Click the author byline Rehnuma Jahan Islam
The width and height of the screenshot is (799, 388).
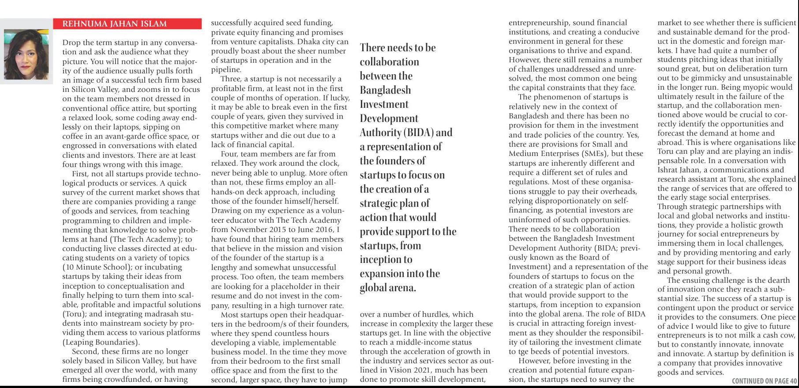pyautogui.click(x=115, y=24)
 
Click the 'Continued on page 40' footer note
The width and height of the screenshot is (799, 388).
pyautogui.click(x=764, y=381)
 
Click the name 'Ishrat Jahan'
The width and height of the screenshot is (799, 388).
pyautogui.click(x=680, y=170)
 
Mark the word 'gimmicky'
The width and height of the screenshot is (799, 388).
pyautogui.click(x=702, y=78)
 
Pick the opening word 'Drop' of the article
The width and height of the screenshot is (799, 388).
pyautogui.click(x=71, y=43)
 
